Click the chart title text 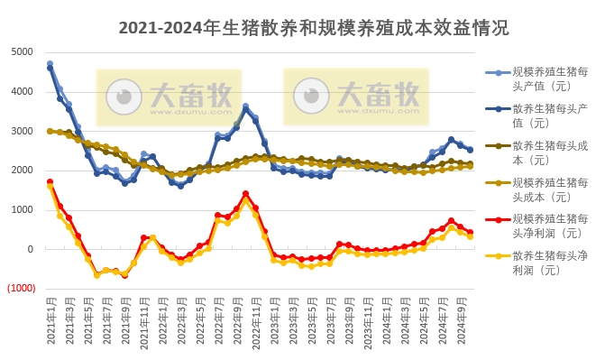click(314, 28)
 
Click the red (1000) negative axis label click(21, 289)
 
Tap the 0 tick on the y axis click(30, 250)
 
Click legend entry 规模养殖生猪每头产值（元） click(549, 78)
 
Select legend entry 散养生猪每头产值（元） click(549, 115)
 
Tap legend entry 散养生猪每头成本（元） click(549, 152)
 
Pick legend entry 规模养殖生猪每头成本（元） click(549, 189)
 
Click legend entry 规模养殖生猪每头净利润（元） click(549, 226)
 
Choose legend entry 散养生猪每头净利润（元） click(549, 263)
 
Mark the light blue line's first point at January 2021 click(50, 63)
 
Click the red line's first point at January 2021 click(50, 181)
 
